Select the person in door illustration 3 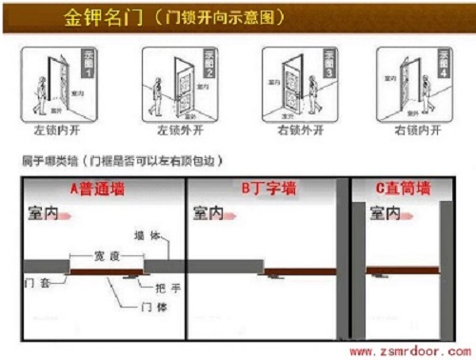point(313,90)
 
